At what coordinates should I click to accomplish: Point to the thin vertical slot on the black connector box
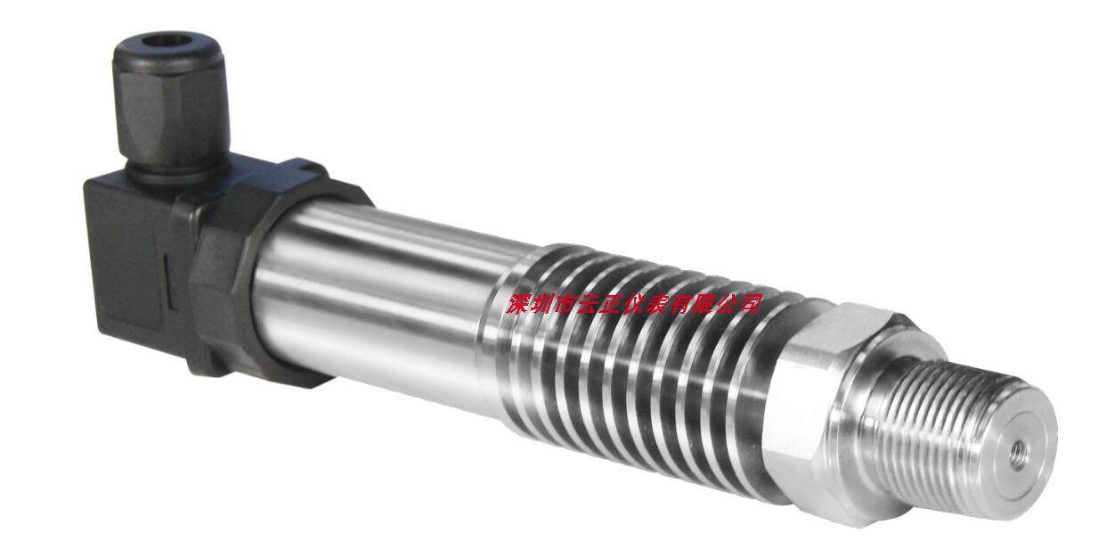pos(167,283)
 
